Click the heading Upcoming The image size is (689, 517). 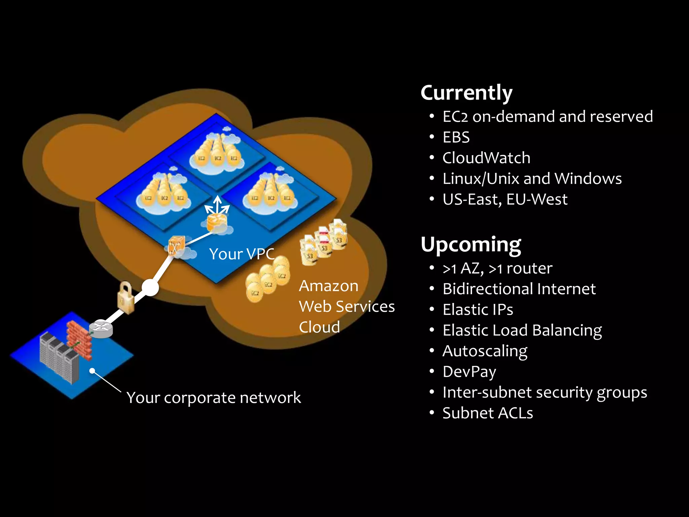pos(471,244)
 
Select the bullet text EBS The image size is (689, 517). pos(456,137)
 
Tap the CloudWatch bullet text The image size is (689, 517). pos(486,158)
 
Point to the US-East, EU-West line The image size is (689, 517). pos(505,199)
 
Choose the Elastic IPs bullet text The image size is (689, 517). pos(478,310)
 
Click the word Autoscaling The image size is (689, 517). pos(485,351)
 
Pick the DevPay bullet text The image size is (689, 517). pos(469,372)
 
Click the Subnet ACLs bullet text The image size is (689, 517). pos(487,413)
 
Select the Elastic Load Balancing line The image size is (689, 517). pos(522,331)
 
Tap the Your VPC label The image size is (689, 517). pos(242,254)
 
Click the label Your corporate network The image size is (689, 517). pos(214,398)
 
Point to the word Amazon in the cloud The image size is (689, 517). pos(329,286)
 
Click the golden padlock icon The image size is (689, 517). pos(125,298)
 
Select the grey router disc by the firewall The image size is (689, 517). pos(101,328)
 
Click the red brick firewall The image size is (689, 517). pos(78,340)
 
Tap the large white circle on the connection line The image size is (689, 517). pos(150,287)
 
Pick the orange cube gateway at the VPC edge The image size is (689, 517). pos(176,245)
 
